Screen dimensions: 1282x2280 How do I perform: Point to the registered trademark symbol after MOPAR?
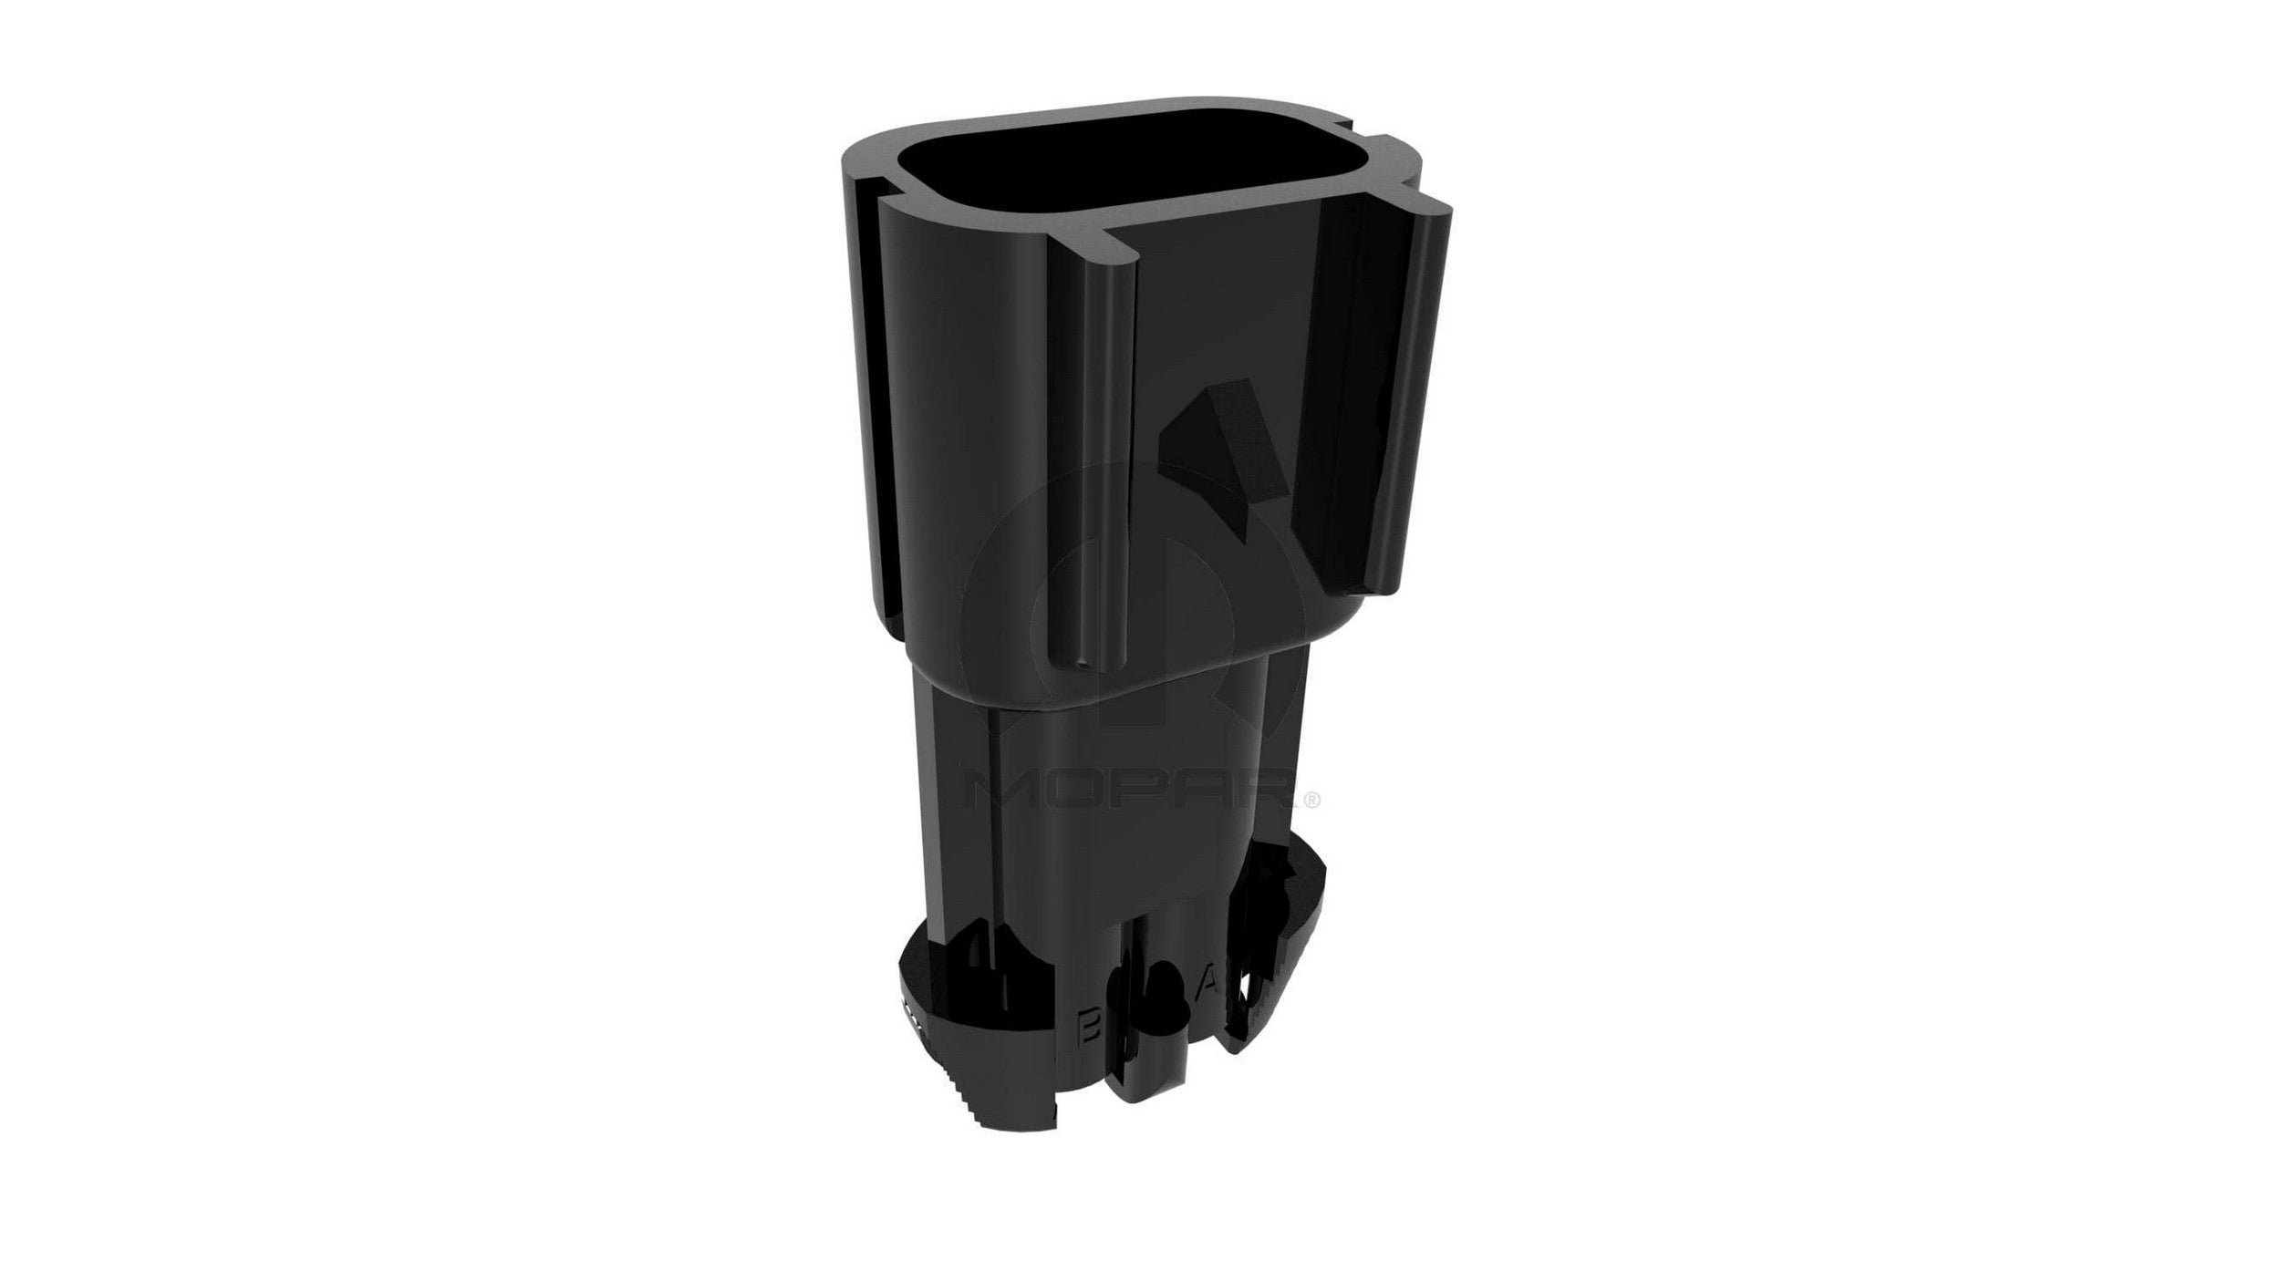[x=1311, y=800]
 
